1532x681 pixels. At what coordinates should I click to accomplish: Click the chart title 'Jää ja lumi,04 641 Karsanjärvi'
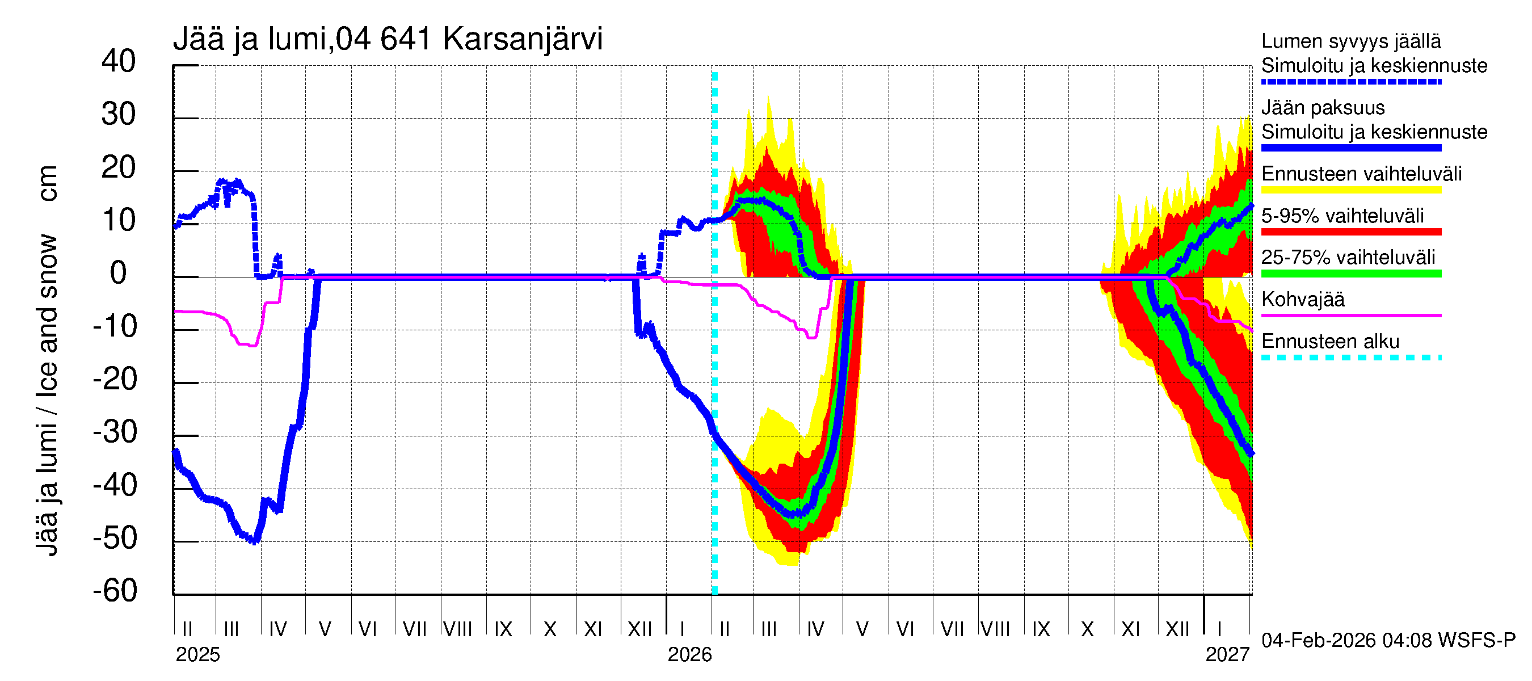click(x=387, y=39)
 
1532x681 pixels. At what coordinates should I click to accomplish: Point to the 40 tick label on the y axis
click(x=119, y=61)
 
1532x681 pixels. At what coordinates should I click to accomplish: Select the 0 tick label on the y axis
click(x=119, y=273)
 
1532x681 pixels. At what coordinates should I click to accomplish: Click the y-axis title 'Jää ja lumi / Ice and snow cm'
click(x=47, y=360)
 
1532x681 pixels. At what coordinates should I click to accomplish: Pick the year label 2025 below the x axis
click(x=197, y=655)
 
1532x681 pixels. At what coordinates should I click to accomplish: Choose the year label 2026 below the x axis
click(x=689, y=655)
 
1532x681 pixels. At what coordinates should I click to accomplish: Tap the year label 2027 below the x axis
click(x=1227, y=655)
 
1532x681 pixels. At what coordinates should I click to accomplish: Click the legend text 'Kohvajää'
click(x=1302, y=299)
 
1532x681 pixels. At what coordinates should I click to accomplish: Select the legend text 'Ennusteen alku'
click(x=1330, y=342)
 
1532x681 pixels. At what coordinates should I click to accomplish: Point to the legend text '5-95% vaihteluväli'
click(x=1342, y=216)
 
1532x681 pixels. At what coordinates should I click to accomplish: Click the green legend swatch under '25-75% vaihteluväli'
click(x=1350, y=274)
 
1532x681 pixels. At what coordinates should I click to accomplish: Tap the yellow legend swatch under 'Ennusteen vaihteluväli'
click(x=1350, y=190)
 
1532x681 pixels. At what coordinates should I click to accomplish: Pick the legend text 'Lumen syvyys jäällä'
click(x=1350, y=41)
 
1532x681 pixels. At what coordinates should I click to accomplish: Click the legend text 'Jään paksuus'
click(x=1323, y=108)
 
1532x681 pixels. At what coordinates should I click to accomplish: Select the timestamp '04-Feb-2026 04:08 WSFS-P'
click(x=1388, y=641)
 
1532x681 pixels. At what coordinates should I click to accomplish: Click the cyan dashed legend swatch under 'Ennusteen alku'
click(x=1350, y=358)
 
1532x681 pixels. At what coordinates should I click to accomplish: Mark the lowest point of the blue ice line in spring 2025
click(x=255, y=541)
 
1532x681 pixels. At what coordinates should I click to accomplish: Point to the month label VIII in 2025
click(x=458, y=629)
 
